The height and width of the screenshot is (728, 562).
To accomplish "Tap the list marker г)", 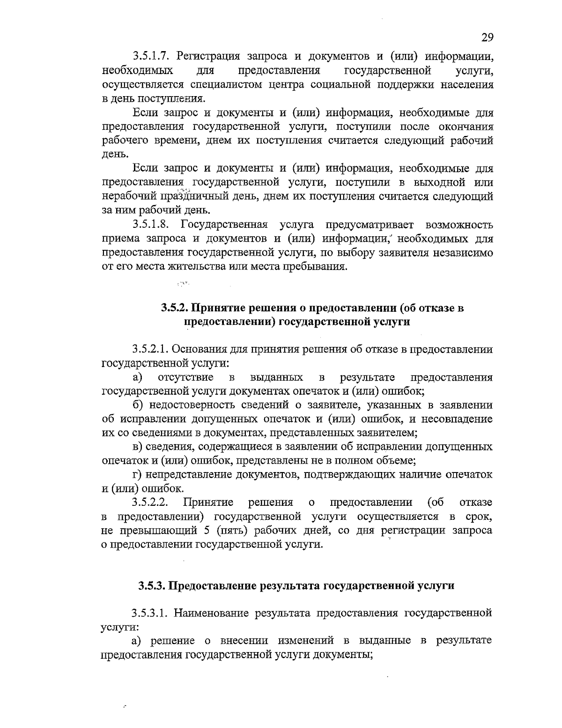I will (x=139, y=475).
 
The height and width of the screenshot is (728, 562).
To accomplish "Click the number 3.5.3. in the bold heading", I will (x=152, y=585).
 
